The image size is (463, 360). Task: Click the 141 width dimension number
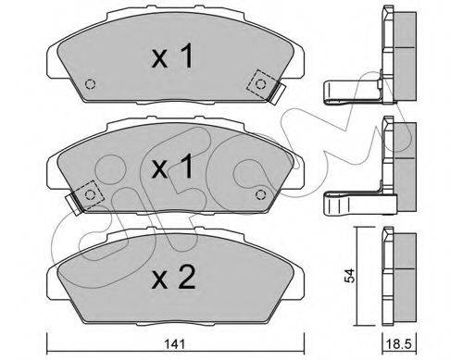click(175, 344)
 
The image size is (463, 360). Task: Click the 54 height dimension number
click(350, 276)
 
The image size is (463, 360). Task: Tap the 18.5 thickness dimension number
click(399, 344)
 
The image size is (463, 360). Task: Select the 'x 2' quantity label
click(173, 278)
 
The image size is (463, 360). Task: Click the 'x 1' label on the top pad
click(172, 56)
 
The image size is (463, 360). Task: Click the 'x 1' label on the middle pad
click(172, 167)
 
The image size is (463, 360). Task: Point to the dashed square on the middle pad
click(90, 194)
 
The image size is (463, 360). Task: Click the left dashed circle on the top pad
click(90, 84)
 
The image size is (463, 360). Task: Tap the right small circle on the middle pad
click(261, 194)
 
